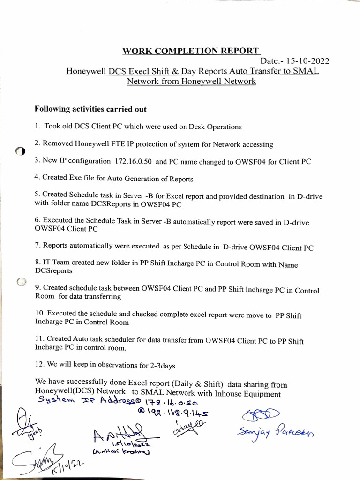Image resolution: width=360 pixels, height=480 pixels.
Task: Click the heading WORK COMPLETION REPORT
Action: (x=190, y=51)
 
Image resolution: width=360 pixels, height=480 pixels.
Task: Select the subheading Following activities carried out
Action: (x=90, y=109)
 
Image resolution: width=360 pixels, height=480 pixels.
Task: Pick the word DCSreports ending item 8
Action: (x=53, y=271)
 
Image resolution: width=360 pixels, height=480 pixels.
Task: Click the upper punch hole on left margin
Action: (x=20, y=151)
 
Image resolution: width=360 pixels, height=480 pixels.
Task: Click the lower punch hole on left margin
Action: (x=21, y=282)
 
